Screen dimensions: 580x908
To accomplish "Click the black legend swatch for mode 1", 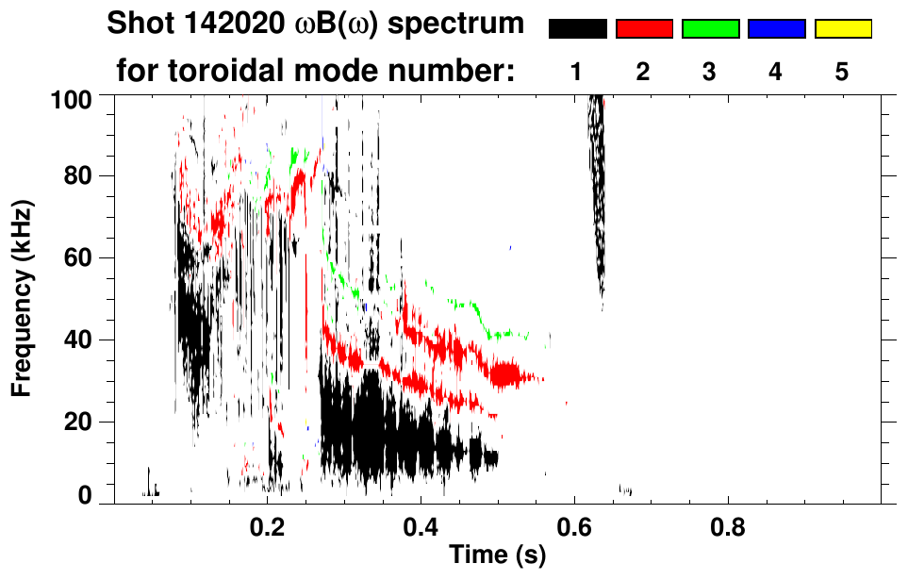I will click(x=578, y=29).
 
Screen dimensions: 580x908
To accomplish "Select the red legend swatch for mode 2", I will click(x=644, y=29).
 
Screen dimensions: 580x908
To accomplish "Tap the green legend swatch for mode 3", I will click(x=710, y=29).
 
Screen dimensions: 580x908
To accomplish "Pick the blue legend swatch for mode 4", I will click(x=776, y=29).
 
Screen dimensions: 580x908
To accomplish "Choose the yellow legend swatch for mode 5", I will click(x=842, y=29).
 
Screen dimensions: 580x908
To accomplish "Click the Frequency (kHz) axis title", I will click(x=23, y=297).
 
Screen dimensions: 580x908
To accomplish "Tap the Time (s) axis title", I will click(x=497, y=555).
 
